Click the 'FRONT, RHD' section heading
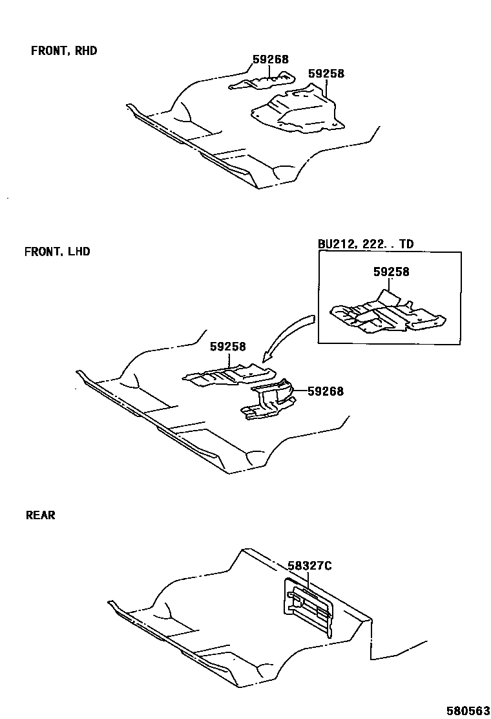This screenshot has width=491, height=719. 64,50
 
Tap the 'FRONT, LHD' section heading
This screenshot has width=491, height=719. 57,252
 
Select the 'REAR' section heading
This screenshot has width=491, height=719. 40,515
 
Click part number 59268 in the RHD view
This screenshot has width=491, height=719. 270,59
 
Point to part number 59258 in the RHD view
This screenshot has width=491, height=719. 326,74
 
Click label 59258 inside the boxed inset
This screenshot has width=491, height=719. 391,272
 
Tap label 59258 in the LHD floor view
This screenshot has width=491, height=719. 227,347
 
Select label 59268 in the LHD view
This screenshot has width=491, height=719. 325,391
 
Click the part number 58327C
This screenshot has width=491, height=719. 309,566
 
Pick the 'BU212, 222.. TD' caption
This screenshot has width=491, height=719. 365,244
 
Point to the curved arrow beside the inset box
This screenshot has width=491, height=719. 284,336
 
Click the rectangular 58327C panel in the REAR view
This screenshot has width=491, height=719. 309,605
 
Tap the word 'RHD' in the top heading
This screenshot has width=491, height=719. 86,50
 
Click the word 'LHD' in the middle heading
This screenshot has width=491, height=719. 78,252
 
